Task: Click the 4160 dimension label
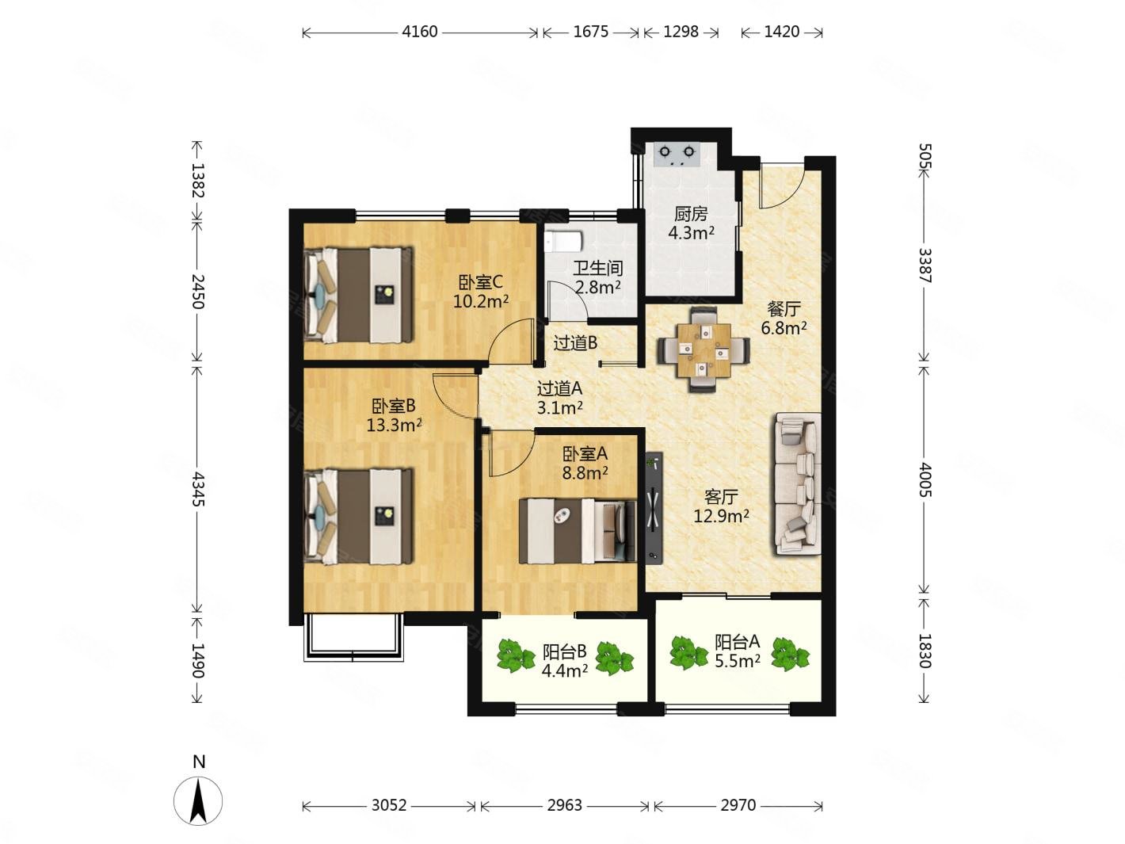point(419,32)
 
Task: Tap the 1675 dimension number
point(590,32)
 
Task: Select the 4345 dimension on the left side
point(198,490)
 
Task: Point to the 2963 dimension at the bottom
point(564,805)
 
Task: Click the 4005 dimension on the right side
point(924,479)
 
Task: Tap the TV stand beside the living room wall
point(654,507)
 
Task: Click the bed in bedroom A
point(578,530)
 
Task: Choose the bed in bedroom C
point(358,295)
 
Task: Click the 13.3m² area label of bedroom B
point(394,425)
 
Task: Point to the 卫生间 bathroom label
point(597,268)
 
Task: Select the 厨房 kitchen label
point(691,214)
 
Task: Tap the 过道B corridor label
point(575,343)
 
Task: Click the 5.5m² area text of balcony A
point(738,661)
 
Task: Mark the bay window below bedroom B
point(353,636)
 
